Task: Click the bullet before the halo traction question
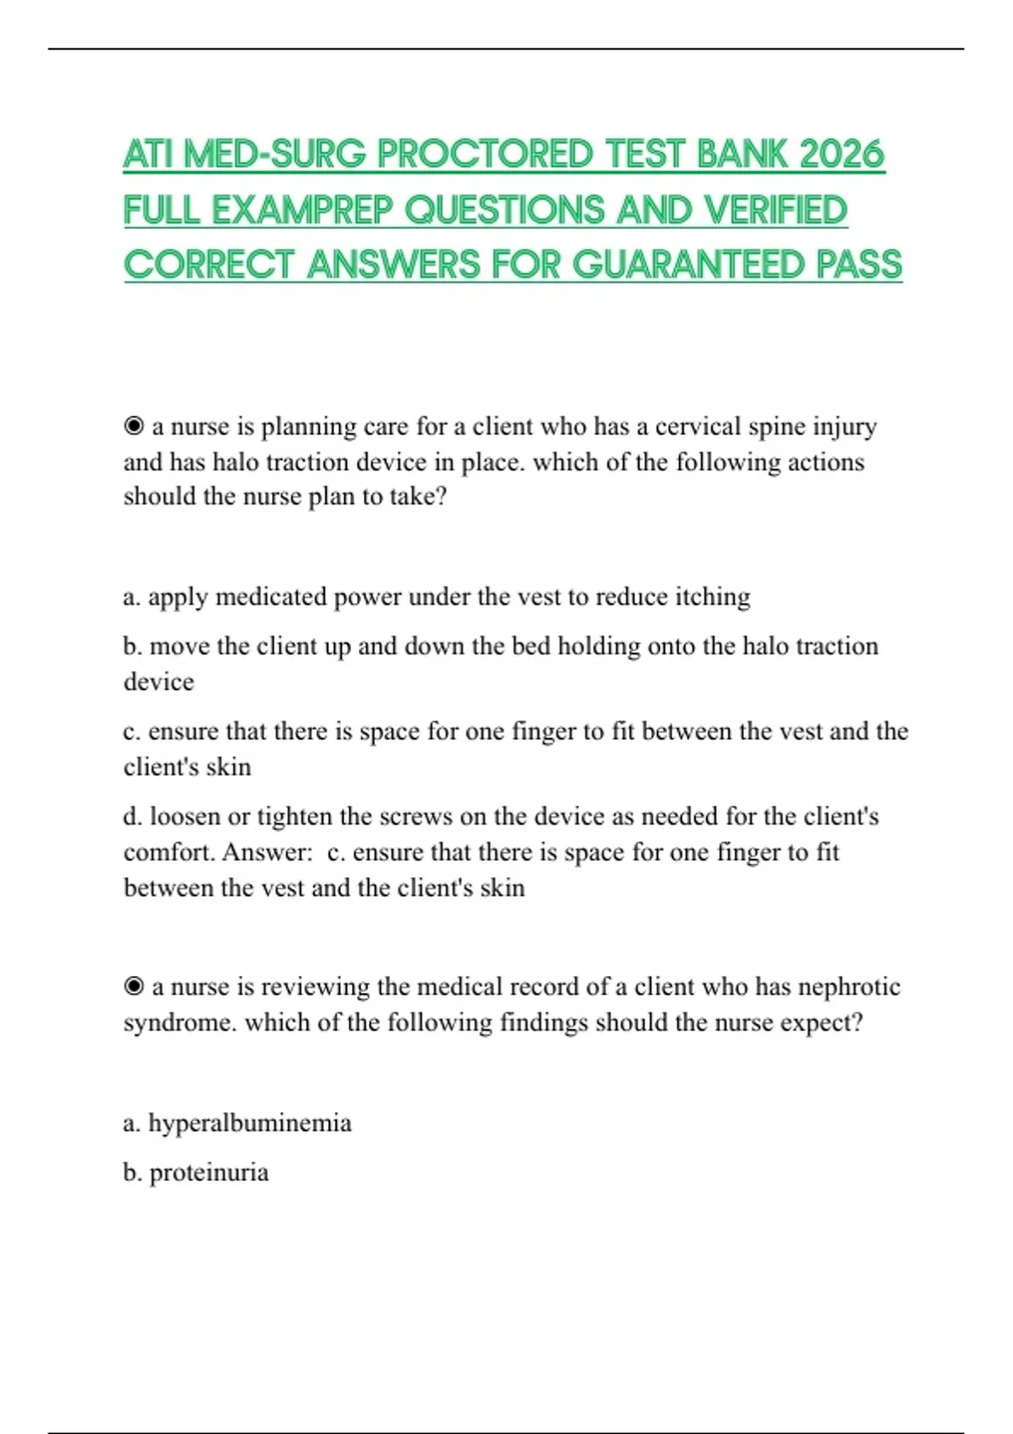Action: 133,427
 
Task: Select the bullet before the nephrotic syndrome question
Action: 133,987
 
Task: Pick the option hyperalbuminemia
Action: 249,1123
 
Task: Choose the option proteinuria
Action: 209,1173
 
